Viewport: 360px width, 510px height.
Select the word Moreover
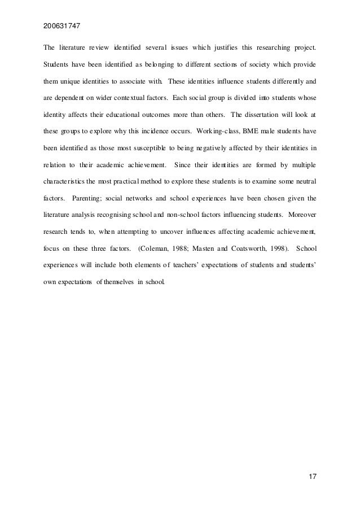coord(302,215)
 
